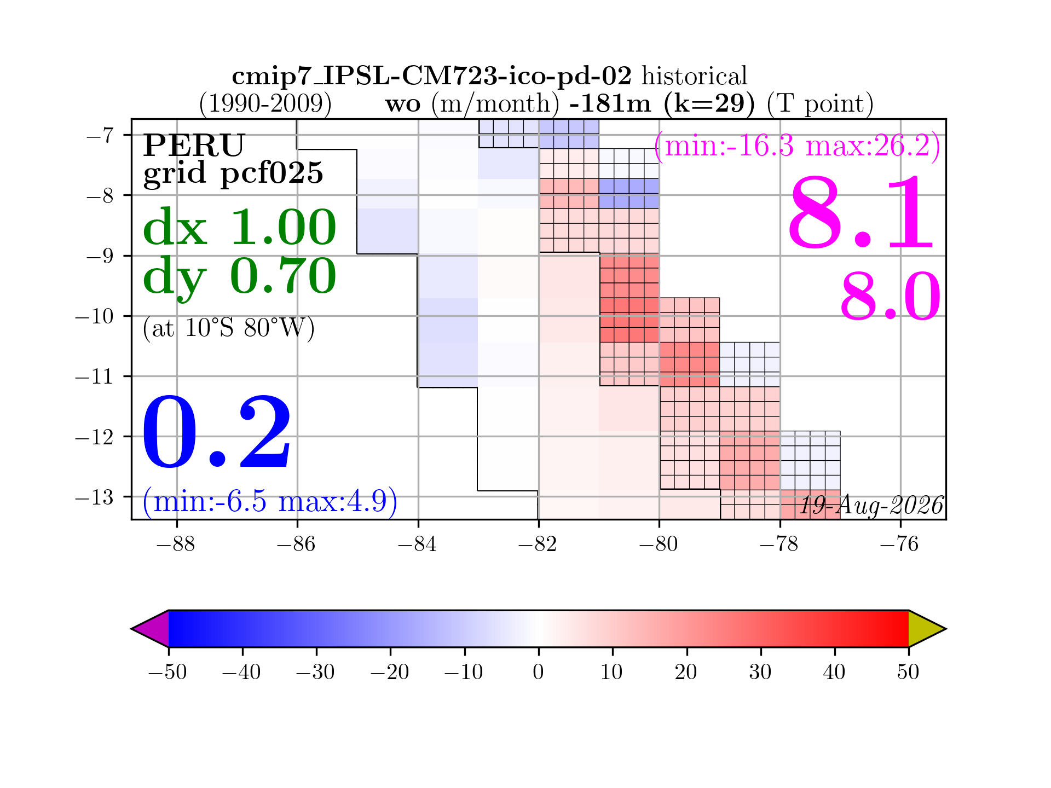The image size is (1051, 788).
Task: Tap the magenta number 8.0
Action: (891, 297)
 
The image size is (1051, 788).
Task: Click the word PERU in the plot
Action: (194, 145)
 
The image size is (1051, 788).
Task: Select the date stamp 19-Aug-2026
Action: (871, 505)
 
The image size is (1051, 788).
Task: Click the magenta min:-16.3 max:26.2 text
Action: (798, 146)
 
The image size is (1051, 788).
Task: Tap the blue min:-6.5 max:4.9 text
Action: (270, 501)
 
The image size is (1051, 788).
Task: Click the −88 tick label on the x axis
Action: (176, 544)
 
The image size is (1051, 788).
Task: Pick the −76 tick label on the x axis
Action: (900, 544)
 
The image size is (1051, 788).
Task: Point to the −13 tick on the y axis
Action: (94, 497)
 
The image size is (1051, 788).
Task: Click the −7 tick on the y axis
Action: (100, 135)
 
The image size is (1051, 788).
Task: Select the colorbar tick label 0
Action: (539, 671)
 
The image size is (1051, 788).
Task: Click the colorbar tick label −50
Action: (168, 671)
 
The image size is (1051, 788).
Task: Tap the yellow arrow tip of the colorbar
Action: (945, 629)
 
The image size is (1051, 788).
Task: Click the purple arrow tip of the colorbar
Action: (132, 629)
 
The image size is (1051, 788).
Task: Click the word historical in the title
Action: (694, 76)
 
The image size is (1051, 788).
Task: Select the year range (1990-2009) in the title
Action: (265, 103)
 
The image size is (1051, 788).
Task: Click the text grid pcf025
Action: (233, 173)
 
